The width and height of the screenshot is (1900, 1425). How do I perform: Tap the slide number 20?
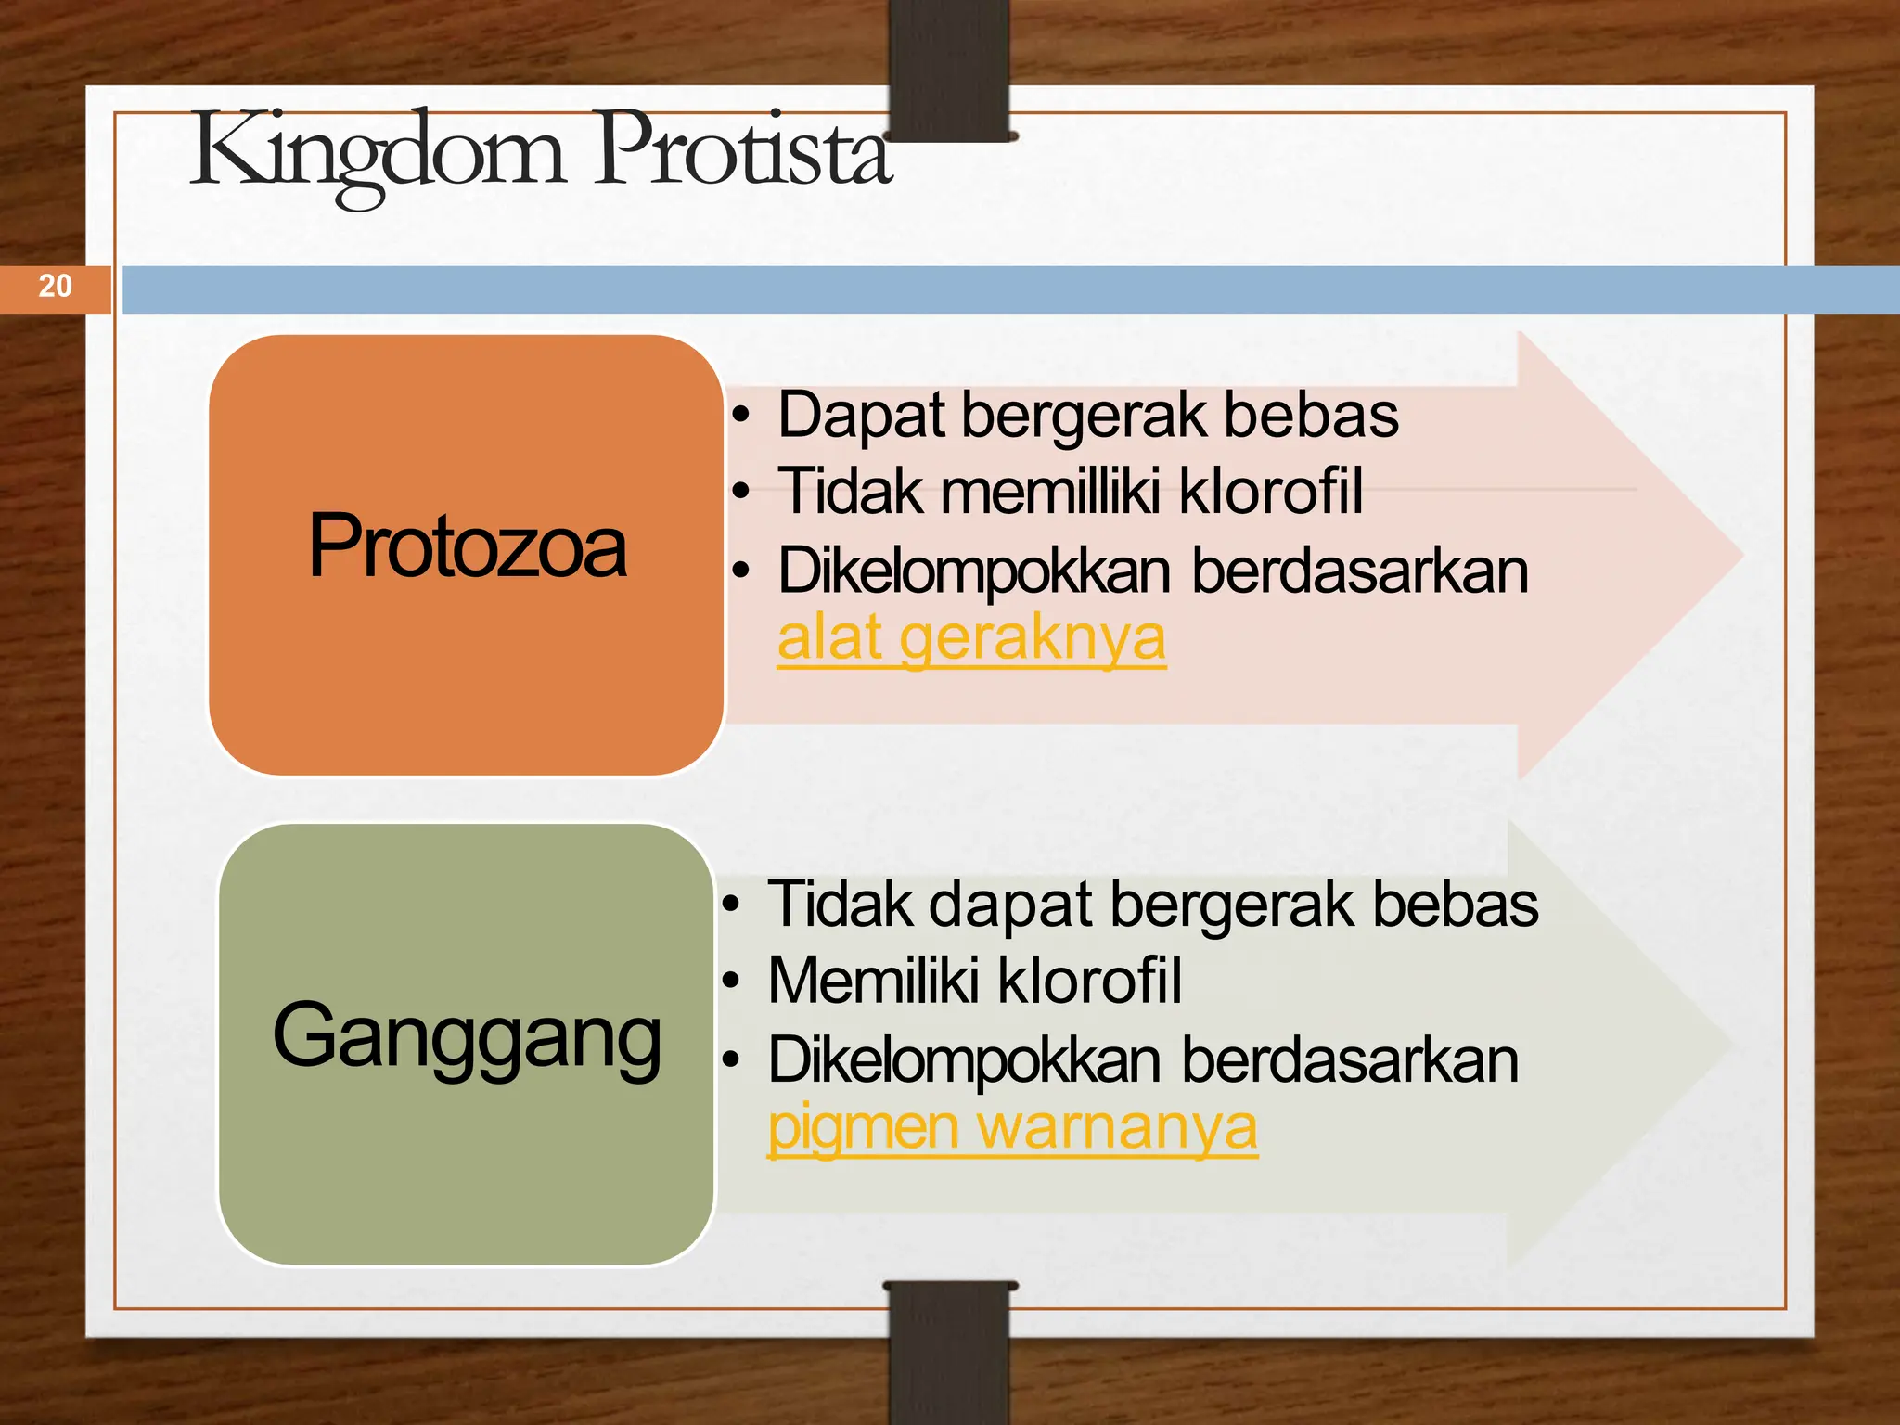point(55,286)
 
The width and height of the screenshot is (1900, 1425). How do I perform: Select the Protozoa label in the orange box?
point(467,547)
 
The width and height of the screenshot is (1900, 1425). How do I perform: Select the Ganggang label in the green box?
point(467,1037)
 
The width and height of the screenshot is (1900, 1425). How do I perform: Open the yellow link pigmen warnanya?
point(1012,1128)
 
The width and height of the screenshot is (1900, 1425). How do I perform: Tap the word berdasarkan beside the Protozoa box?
point(1359,571)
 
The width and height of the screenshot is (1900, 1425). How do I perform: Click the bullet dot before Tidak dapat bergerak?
point(732,904)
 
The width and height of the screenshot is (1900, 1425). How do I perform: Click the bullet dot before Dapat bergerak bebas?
point(740,416)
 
